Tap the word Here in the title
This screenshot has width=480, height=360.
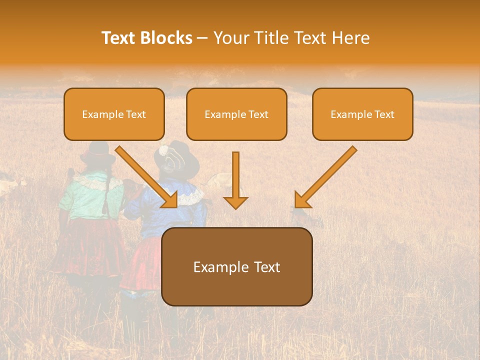pyautogui.click(x=348, y=38)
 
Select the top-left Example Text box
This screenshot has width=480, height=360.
pyautogui.click(x=114, y=114)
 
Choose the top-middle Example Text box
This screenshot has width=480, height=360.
pyautogui.click(x=236, y=114)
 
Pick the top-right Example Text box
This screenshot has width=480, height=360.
pyautogui.click(x=362, y=114)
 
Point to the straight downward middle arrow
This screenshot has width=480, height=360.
pyautogui.click(x=235, y=175)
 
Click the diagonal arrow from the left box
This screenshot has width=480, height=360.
pyautogui.click(x=145, y=175)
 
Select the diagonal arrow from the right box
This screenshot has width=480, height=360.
pyautogui.click(x=327, y=175)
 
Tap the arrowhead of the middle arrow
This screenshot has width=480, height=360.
pyautogui.click(x=235, y=202)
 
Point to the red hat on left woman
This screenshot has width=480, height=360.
pyautogui.click(x=97, y=152)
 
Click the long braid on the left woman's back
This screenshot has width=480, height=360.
pyautogui.click(x=108, y=187)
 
